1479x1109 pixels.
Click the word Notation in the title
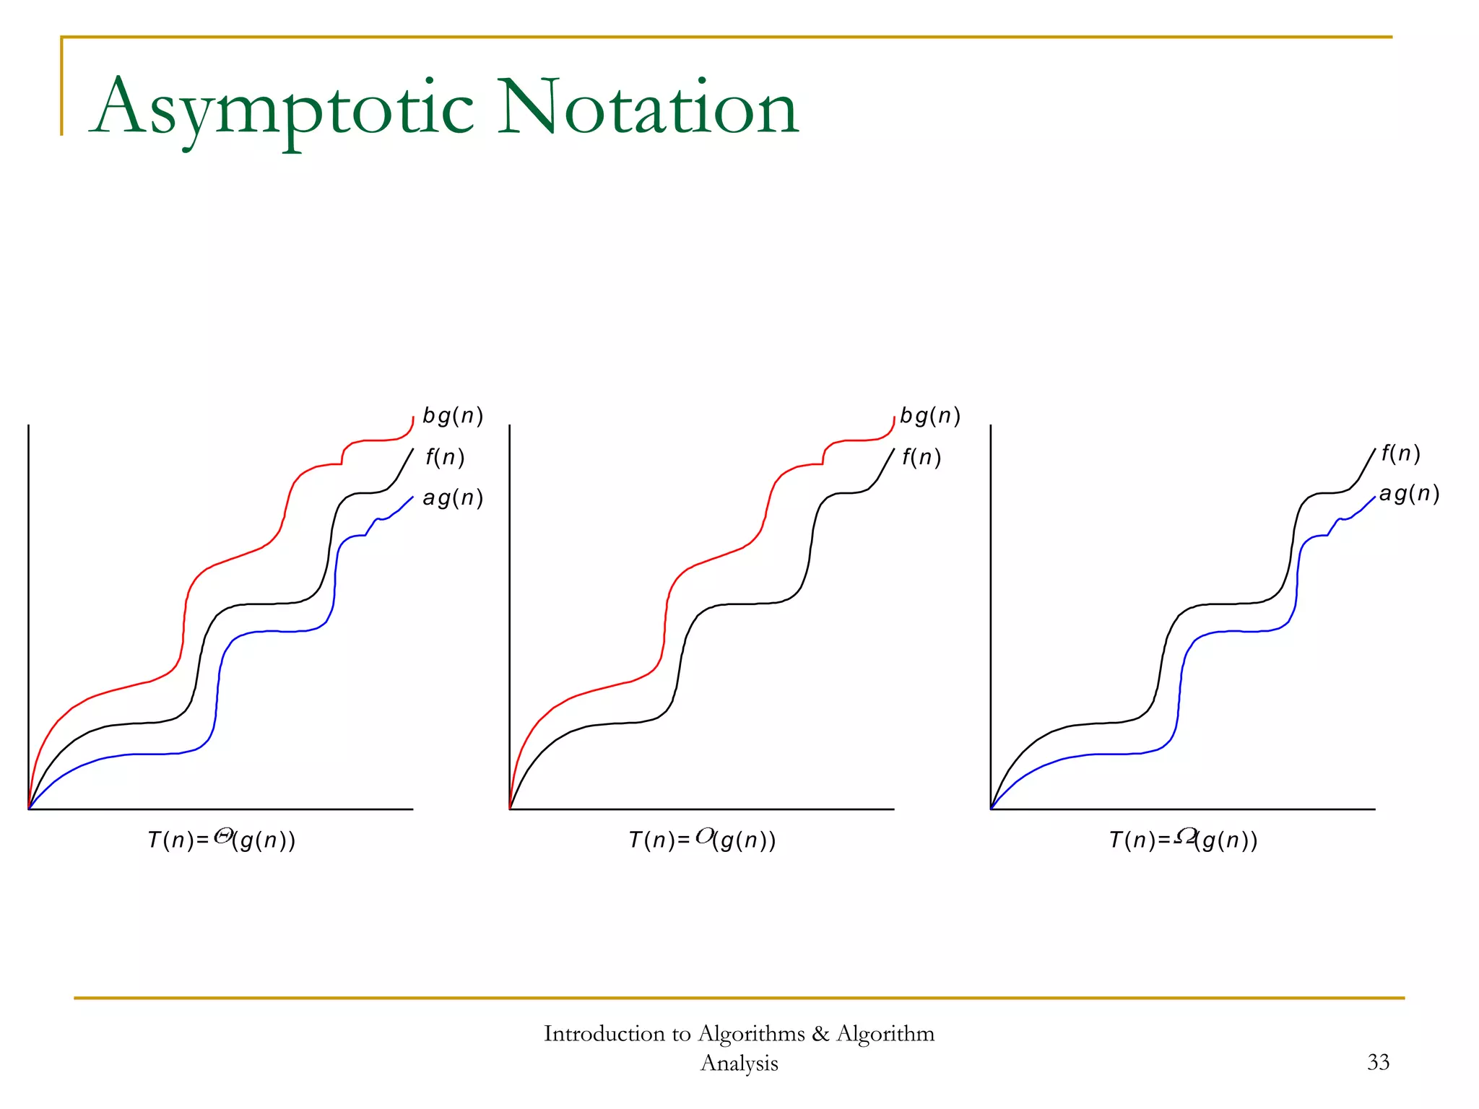tap(648, 108)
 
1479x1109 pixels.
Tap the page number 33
tap(1378, 1062)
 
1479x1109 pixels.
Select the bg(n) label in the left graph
tap(453, 416)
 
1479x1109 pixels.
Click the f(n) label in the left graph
tap(444, 457)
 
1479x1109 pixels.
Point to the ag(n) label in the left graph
tap(453, 497)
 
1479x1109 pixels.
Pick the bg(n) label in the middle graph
tap(930, 416)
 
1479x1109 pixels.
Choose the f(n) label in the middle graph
tap(921, 457)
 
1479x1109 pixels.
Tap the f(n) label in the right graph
tap(1400, 453)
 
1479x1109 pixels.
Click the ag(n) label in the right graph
tap(1409, 494)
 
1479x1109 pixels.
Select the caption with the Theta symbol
tap(222, 840)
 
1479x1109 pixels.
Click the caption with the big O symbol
tap(702, 840)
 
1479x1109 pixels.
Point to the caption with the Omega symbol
tap(1183, 840)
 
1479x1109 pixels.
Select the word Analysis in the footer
tap(739, 1064)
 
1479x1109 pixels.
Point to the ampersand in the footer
tap(820, 1034)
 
